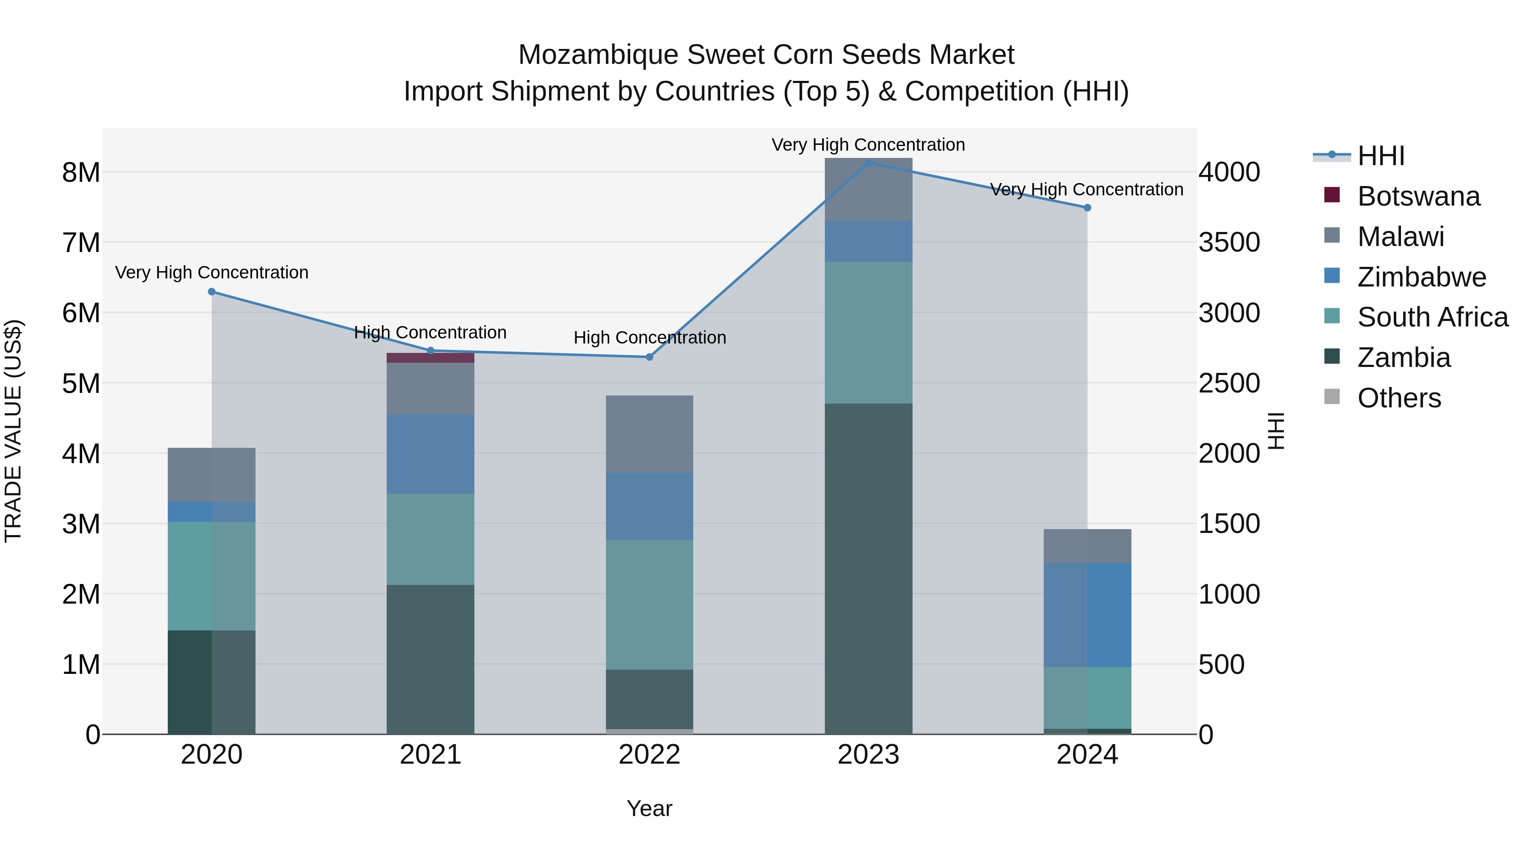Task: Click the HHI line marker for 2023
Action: pos(868,163)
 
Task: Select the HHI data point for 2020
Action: pos(212,292)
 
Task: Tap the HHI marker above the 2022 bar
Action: pos(649,357)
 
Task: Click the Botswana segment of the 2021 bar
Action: pos(430,358)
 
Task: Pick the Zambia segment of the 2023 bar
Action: pos(868,568)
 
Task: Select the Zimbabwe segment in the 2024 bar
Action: pos(1087,615)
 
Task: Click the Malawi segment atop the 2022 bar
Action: pos(649,434)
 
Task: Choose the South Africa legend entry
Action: pos(1433,317)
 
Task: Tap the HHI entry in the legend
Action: pos(1381,156)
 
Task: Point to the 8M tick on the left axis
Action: pos(81,172)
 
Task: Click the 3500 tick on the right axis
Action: pos(1229,243)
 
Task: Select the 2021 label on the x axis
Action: pos(430,755)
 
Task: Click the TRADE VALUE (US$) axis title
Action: pos(13,431)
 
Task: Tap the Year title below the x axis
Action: pos(649,808)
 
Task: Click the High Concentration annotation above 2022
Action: pos(649,337)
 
